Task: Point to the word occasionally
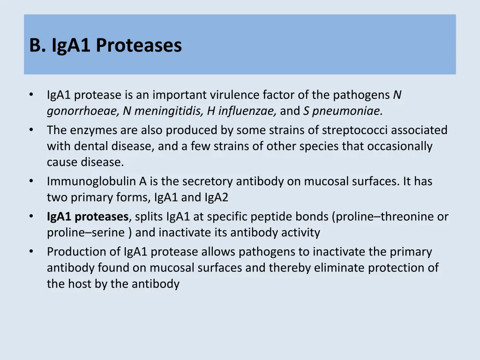pos(400,146)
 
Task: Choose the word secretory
pos(208,181)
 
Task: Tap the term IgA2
pos(216,198)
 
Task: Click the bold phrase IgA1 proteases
pos(88,217)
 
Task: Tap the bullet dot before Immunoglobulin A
pos(31,181)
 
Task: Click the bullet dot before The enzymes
pos(31,129)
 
